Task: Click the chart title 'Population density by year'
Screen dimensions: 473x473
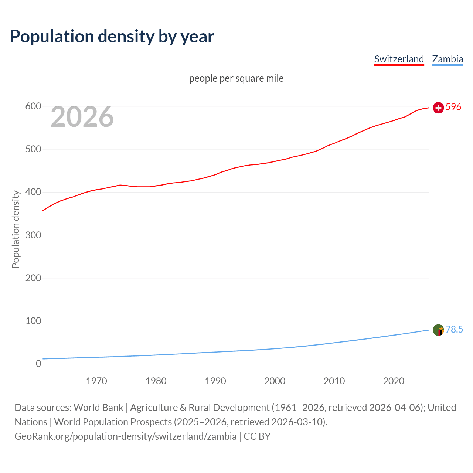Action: click(x=112, y=36)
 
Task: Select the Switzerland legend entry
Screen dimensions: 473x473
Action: click(x=399, y=59)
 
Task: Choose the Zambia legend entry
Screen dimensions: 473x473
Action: click(x=447, y=59)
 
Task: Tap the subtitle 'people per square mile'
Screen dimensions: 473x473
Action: click(x=236, y=78)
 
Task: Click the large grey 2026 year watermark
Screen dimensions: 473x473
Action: click(x=82, y=117)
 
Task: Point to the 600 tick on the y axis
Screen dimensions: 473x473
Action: click(x=33, y=106)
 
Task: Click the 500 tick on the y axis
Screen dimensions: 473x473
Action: click(x=33, y=149)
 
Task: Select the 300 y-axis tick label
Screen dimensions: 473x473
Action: click(x=33, y=235)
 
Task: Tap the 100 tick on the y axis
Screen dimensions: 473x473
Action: click(x=33, y=321)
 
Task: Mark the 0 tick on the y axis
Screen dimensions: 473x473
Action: click(x=38, y=364)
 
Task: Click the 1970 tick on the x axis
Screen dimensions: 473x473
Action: click(x=96, y=381)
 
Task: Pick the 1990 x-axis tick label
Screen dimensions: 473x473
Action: click(x=215, y=381)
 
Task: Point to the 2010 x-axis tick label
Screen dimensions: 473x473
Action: click(x=334, y=381)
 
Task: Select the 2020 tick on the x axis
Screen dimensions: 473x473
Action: click(x=394, y=381)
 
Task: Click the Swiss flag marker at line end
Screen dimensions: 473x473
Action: click(x=438, y=108)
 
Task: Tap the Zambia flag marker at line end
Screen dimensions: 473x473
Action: click(x=438, y=330)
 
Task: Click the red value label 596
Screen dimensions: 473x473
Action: click(x=453, y=107)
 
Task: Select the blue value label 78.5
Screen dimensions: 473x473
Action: click(x=454, y=329)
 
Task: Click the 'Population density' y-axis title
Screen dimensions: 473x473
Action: click(x=16, y=229)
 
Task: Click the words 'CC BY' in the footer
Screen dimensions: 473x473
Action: click(x=257, y=436)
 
